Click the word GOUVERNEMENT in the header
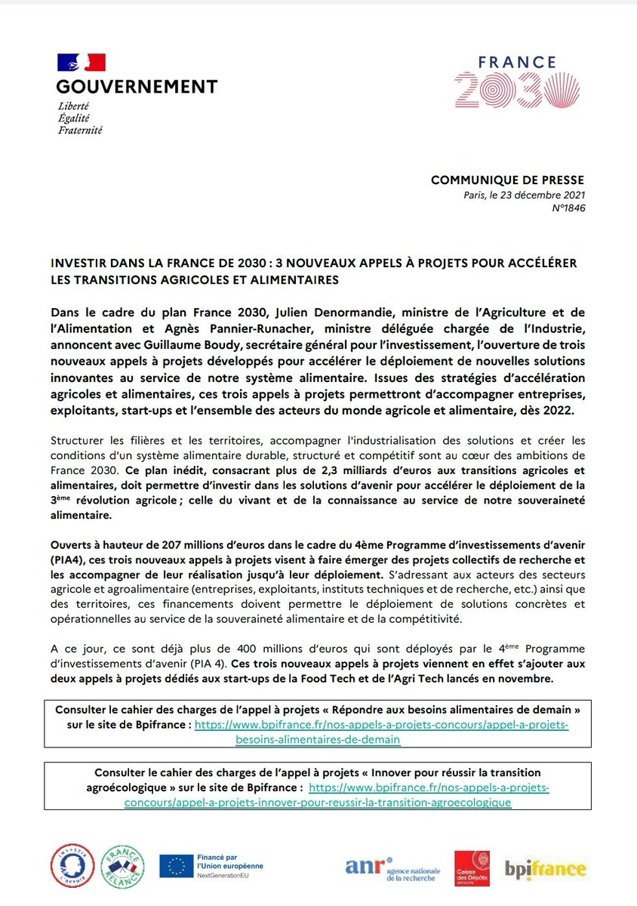click(x=137, y=86)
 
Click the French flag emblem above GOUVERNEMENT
click(x=81, y=62)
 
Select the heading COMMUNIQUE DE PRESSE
click(x=507, y=180)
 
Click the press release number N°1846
click(x=567, y=208)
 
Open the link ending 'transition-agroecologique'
click(x=318, y=803)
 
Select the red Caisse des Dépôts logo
click(x=472, y=867)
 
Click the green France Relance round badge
click(x=122, y=864)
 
